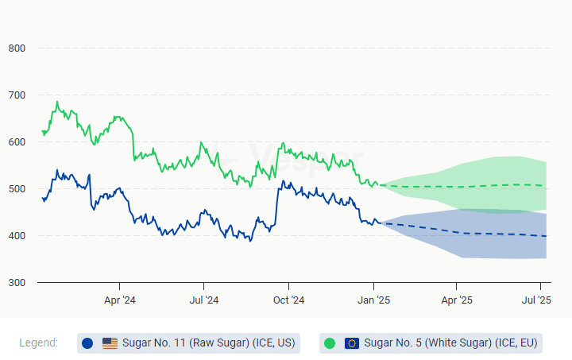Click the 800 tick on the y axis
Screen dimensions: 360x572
(x=17, y=48)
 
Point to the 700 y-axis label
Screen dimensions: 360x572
(x=17, y=95)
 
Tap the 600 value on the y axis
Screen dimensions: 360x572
(x=17, y=142)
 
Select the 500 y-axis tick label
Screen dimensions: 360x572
(x=17, y=189)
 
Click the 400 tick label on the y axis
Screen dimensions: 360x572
(x=17, y=236)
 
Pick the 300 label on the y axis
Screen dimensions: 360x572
(x=17, y=283)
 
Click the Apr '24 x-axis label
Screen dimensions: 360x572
(x=119, y=300)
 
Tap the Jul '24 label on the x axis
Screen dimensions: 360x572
(x=203, y=300)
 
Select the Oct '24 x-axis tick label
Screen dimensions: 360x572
(x=288, y=300)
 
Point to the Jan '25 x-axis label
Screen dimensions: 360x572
(x=373, y=300)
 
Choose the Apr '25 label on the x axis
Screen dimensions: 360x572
(x=457, y=300)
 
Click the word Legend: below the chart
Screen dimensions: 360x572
(x=39, y=343)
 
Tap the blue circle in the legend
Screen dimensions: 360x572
(x=87, y=343)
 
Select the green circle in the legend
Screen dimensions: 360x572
(x=330, y=343)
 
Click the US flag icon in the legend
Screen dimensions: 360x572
(x=110, y=343)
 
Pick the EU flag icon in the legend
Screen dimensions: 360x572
(x=352, y=343)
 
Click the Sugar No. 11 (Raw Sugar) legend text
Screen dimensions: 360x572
(x=208, y=343)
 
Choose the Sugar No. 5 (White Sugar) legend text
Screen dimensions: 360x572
(x=451, y=343)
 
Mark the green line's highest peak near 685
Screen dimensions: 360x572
(x=57, y=102)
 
